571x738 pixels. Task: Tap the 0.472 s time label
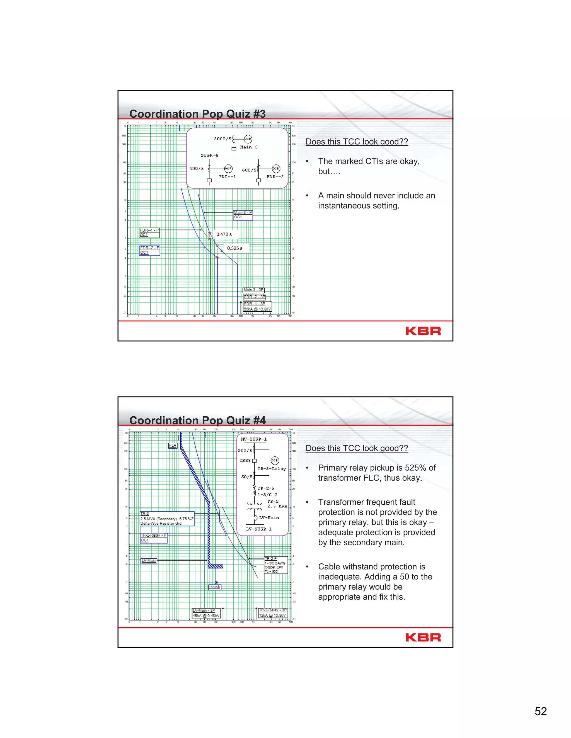(x=224, y=234)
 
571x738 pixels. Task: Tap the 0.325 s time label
(x=234, y=248)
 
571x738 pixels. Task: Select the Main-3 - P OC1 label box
(x=243, y=215)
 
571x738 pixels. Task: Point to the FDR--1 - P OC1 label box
(x=149, y=233)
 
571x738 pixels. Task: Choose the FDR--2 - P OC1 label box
(x=149, y=250)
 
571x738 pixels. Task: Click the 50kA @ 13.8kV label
(x=257, y=309)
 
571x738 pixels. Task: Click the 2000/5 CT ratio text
(x=222, y=139)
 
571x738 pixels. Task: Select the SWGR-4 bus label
(x=209, y=155)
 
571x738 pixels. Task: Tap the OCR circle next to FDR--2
(x=276, y=168)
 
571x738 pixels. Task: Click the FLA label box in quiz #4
(x=173, y=445)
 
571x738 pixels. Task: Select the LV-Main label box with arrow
(x=149, y=561)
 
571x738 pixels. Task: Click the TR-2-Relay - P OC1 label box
(x=154, y=537)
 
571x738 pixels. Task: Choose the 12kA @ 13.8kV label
(x=272, y=615)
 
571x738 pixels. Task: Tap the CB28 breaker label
(x=245, y=461)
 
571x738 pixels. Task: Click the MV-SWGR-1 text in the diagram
(x=254, y=439)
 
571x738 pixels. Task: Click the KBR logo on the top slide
(x=423, y=331)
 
